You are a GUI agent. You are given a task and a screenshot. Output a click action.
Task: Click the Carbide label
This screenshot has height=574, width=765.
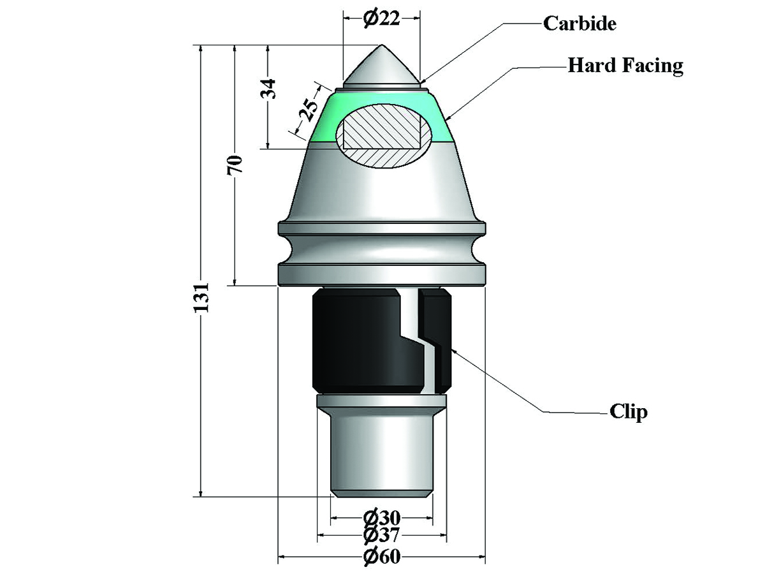579,24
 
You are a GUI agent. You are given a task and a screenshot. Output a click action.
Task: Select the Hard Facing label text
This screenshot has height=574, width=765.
625,66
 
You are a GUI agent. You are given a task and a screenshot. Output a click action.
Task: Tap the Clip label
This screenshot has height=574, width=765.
629,412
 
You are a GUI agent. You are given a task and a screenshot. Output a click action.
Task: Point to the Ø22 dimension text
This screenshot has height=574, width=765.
381,18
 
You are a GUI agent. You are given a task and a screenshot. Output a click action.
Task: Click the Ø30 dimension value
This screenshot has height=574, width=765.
382,519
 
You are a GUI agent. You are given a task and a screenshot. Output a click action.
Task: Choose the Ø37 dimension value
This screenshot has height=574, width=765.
382,535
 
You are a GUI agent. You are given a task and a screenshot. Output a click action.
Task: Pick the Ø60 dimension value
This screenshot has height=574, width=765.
382,557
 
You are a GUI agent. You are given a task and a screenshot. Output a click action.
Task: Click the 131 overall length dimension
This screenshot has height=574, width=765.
201,297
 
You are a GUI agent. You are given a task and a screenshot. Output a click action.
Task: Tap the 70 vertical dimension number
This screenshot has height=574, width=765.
235,165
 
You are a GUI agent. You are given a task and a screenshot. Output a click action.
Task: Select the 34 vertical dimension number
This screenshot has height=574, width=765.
268,89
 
